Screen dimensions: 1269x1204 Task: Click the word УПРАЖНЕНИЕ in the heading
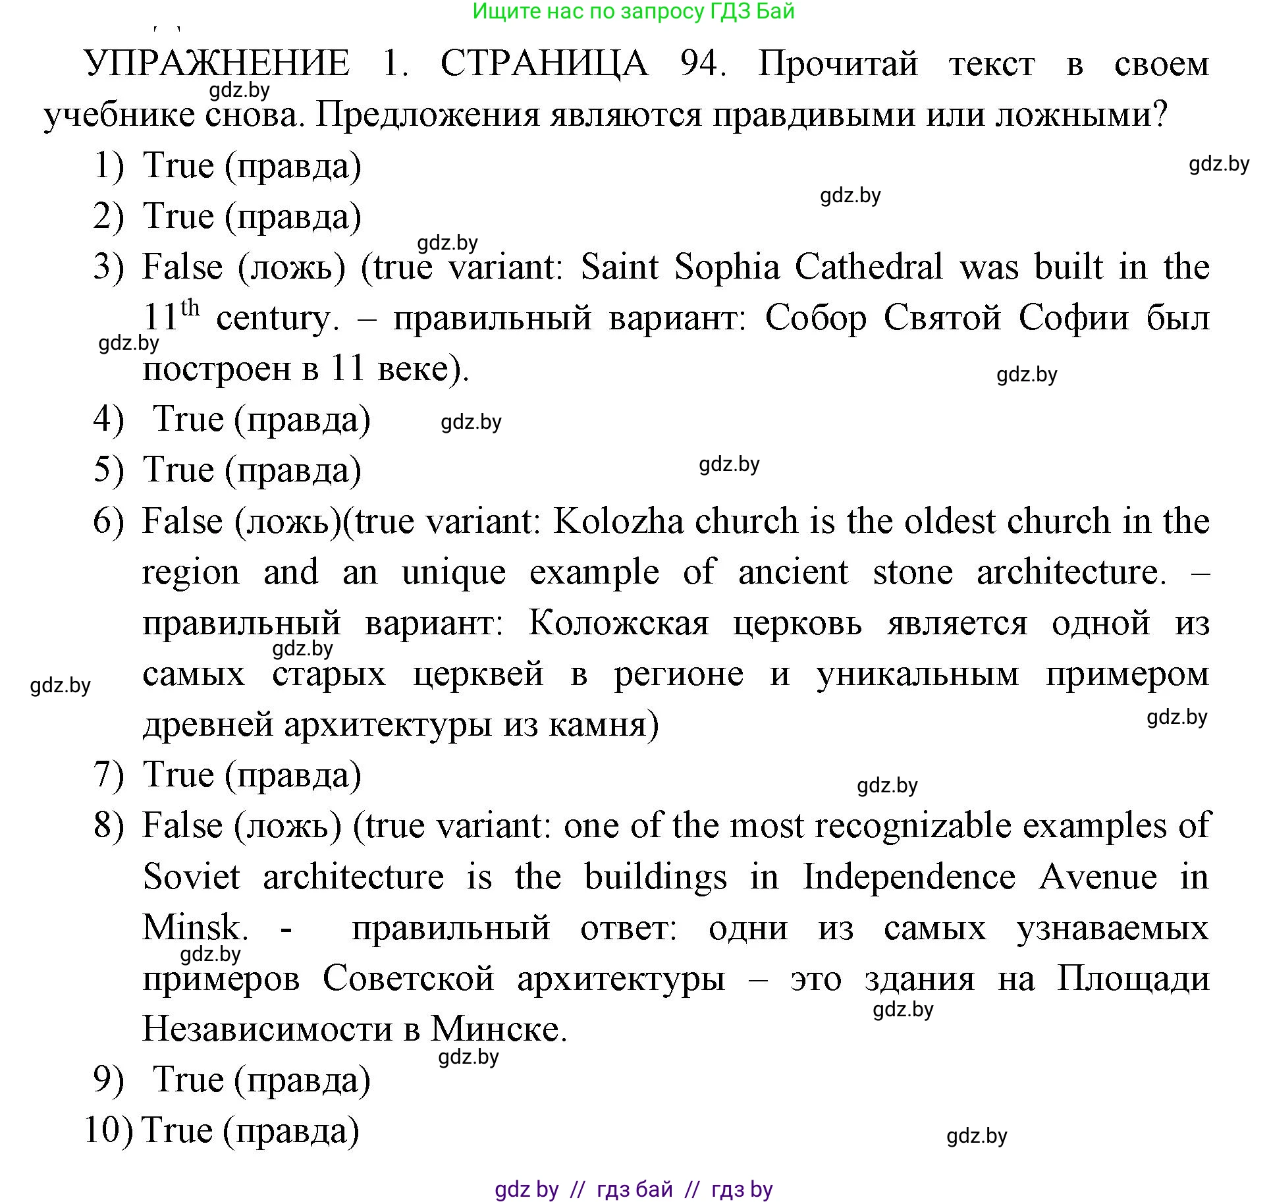coord(217,64)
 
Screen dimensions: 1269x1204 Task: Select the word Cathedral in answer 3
coord(869,267)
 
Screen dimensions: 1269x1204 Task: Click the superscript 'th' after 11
coord(190,308)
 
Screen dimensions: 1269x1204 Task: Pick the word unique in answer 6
coord(454,572)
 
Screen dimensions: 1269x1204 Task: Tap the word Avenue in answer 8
coord(1098,877)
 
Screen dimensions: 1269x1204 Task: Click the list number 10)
coord(109,1130)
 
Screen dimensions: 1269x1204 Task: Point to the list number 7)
coord(109,775)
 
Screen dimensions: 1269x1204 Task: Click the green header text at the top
coord(634,11)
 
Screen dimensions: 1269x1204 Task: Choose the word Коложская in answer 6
coord(618,623)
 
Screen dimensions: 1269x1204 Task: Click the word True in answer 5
coord(178,470)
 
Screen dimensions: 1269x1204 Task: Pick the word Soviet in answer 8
coord(192,877)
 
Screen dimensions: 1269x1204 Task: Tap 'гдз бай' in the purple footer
coord(634,1189)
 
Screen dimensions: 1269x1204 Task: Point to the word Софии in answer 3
coord(1073,318)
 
